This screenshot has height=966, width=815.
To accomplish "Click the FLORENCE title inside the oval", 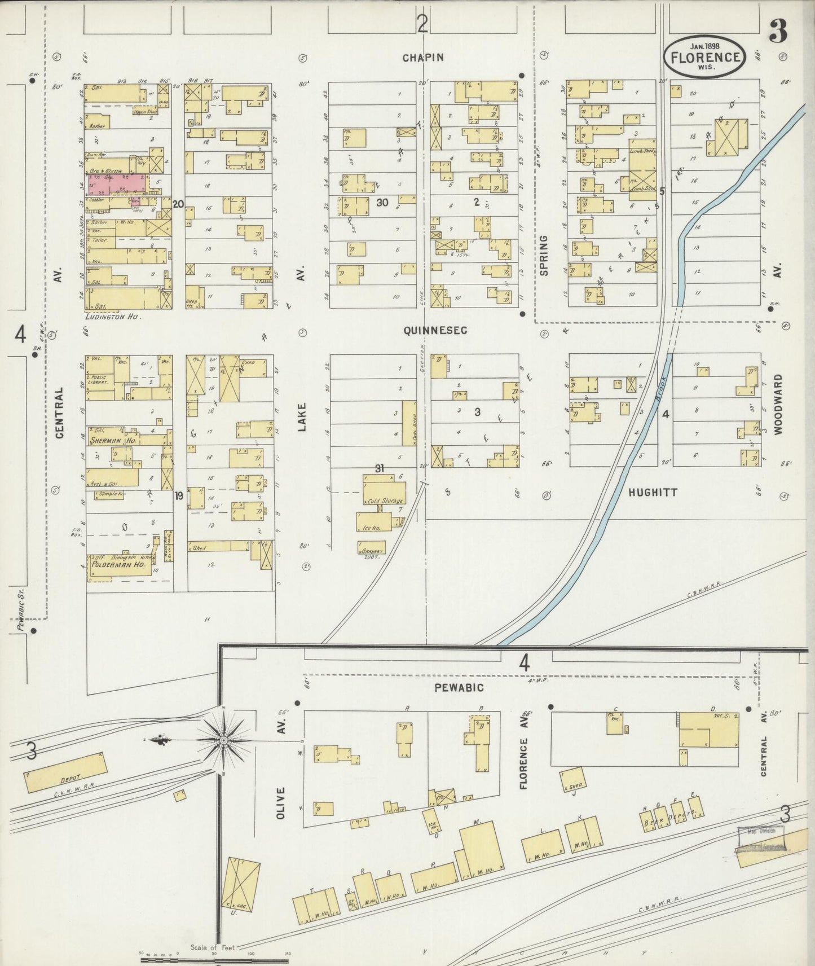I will (706, 57).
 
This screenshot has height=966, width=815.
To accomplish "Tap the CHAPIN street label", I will (423, 57).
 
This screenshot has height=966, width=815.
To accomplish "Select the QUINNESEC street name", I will (435, 331).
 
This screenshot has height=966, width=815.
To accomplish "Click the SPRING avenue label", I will (544, 256).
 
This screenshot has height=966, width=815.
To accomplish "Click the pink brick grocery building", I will (118, 185).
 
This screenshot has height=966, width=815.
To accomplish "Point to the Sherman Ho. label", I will (113, 440).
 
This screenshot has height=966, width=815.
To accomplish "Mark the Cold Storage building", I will (381, 500).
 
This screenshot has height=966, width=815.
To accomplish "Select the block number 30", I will (382, 203).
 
